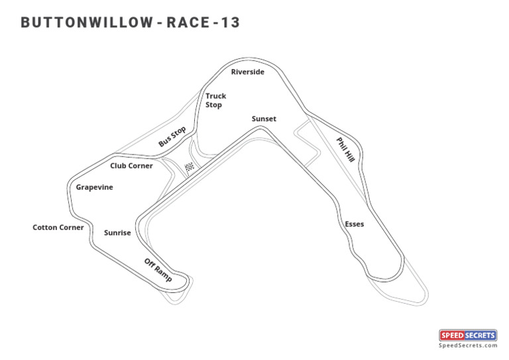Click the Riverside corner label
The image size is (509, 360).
(248, 72)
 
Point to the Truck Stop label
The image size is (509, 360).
(215, 100)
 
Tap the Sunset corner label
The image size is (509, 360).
(264, 119)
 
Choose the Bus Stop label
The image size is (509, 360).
(172, 137)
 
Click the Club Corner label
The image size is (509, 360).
(131, 166)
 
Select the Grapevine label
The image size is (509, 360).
(94, 188)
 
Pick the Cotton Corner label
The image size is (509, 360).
(58, 227)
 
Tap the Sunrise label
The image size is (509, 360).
(117, 233)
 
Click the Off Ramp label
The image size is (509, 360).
(158, 270)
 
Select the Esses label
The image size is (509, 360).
(355, 224)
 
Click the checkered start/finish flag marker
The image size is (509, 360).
(190, 167)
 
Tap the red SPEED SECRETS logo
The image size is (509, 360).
(468, 335)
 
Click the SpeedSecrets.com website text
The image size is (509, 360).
(468, 345)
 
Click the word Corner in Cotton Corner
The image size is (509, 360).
(72, 227)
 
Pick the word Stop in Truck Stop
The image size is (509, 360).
(213, 105)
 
